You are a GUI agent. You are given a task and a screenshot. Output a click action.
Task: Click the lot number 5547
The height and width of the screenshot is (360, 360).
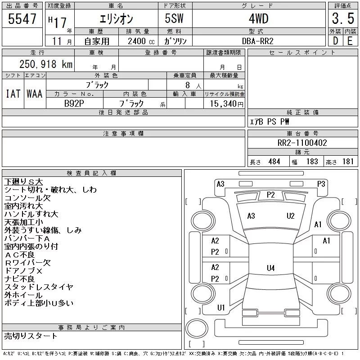pos(22,19)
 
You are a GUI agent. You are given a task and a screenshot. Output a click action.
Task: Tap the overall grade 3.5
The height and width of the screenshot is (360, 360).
pos(343,18)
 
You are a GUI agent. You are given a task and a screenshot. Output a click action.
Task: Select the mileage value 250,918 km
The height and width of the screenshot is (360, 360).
pos(46,64)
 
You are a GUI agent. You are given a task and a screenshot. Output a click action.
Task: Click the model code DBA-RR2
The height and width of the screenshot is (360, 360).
pos(257,41)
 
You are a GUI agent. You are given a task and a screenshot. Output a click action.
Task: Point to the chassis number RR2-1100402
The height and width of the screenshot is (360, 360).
pos(302,143)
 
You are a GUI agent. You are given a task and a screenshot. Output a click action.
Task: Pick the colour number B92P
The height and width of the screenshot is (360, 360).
pos(74,103)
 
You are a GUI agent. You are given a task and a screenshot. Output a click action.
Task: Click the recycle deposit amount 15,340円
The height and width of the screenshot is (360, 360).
pos(226,104)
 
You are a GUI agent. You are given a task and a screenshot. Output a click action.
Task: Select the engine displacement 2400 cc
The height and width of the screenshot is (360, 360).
pos(141,41)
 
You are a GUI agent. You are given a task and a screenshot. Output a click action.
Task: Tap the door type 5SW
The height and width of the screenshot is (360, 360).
pos(174,18)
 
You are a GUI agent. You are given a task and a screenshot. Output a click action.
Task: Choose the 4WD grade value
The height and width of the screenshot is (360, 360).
pos(258,18)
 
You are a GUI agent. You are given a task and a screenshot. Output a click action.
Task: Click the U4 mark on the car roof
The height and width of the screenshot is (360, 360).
pos(271,268)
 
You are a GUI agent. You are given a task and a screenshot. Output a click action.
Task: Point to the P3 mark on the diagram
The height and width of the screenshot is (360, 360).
pos(321,184)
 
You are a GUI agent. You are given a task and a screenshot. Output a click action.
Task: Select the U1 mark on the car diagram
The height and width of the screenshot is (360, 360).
pos(221,307)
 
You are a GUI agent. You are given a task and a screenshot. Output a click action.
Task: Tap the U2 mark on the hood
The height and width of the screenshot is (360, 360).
pos(290,216)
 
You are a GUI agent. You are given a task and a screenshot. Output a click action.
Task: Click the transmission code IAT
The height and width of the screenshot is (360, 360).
pos(13,94)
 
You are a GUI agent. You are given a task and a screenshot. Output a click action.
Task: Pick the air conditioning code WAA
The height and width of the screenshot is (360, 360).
pos(35,94)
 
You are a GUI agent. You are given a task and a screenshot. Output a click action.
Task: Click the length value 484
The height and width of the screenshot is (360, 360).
pos(274,162)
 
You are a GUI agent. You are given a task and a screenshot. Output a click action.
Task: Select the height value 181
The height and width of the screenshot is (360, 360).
pos(348,162)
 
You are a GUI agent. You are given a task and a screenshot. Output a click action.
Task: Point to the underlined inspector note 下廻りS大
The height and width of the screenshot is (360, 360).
pos(23,182)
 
